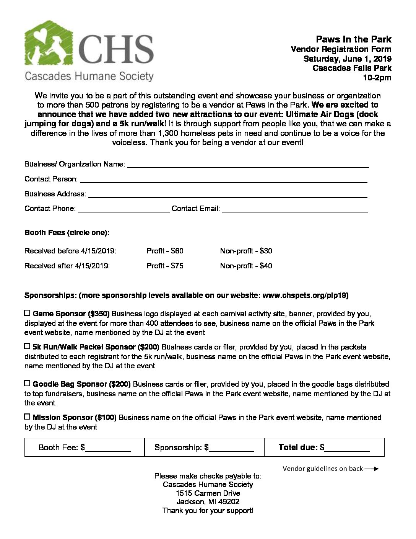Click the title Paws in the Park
(x=353, y=39)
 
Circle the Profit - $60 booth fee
(x=165, y=251)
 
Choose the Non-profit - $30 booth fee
(x=246, y=251)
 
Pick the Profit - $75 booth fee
(x=165, y=266)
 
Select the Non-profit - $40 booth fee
(x=246, y=266)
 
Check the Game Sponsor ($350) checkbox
(x=27, y=313)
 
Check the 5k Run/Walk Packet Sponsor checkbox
(x=27, y=346)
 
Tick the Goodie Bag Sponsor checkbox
(x=27, y=383)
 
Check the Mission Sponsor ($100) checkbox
(x=27, y=416)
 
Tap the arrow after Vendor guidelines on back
(x=371, y=469)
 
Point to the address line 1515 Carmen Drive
(x=208, y=493)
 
